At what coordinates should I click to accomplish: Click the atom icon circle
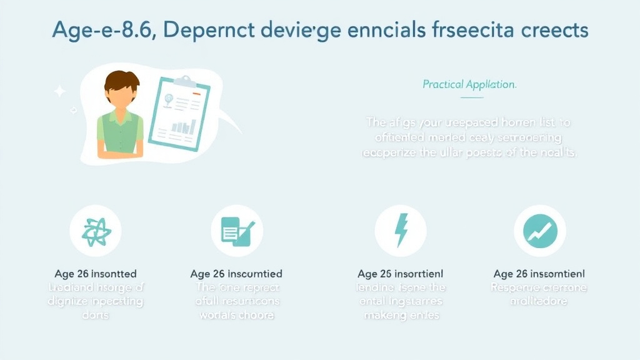pyautogui.click(x=96, y=231)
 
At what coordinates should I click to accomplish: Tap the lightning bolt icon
pyautogui.click(x=400, y=231)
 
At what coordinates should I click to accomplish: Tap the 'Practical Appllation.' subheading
pyautogui.click(x=469, y=84)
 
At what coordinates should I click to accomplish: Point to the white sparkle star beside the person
pyautogui.click(x=60, y=92)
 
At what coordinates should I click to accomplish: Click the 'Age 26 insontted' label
pyautogui.click(x=96, y=274)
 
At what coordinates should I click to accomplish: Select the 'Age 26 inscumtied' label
pyautogui.click(x=236, y=274)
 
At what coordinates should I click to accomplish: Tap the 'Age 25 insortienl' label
pyautogui.click(x=400, y=274)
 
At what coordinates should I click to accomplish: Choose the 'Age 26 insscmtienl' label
pyautogui.click(x=539, y=274)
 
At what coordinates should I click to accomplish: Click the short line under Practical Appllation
pyautogui.click(x=469, y=97)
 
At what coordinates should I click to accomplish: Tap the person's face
pyautogui.click(x=121, y=101)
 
